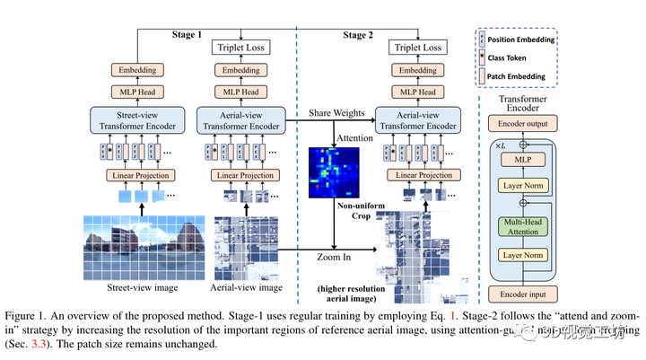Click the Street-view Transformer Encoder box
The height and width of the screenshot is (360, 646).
pyautogui.click(x=135, y=120)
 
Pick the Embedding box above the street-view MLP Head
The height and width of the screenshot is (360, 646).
pyautogui.click(x=135, y=69)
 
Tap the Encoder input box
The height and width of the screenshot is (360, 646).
pyautogui.click(x=522, y=294)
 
